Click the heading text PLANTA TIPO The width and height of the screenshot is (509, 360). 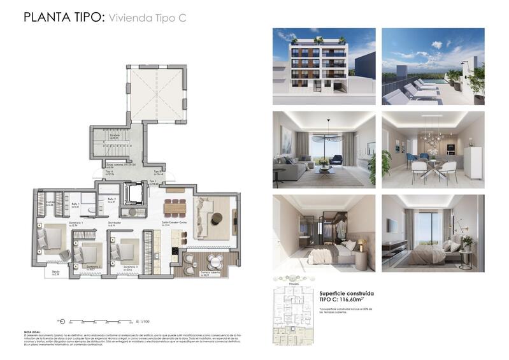click(62, 17)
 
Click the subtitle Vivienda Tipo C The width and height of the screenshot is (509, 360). click(147, 18)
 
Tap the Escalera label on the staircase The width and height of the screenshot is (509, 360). click(115, 136)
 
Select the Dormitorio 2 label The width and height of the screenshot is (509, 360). click(94, 267)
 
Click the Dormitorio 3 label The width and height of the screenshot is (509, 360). click(131, 268)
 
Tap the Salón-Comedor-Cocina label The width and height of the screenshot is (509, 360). click(174, 223)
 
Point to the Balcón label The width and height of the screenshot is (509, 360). click(55, 273)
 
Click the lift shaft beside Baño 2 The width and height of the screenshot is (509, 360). click(135, 192)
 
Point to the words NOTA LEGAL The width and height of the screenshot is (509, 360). click(34, 332)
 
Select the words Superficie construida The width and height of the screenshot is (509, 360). click(346, 292)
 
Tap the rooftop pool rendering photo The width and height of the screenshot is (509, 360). click(433, 66)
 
